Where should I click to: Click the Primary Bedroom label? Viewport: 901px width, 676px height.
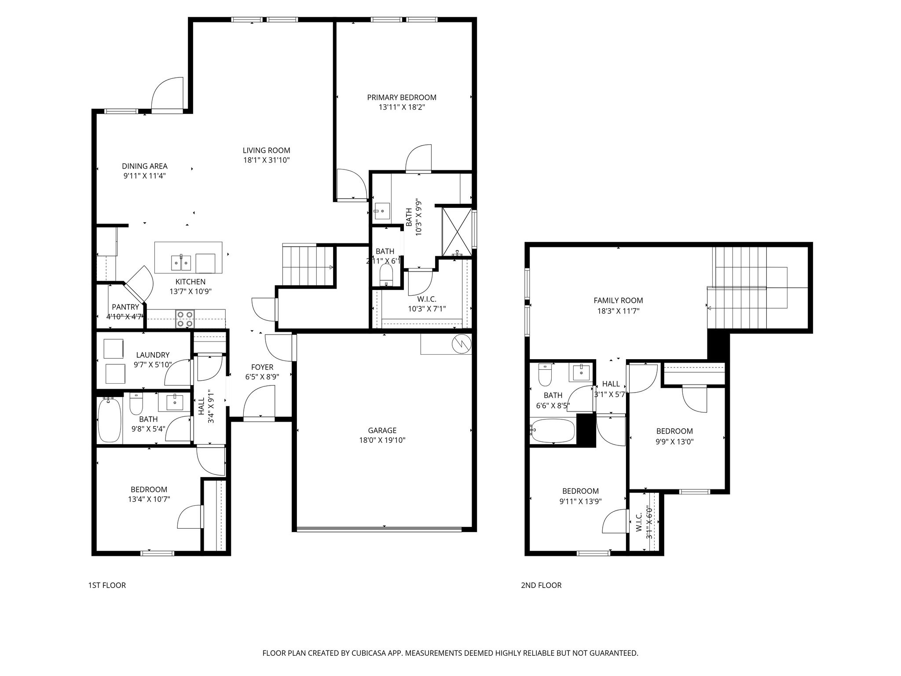402,97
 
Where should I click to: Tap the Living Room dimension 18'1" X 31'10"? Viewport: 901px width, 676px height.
267,160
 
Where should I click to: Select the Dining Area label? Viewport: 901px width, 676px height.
145,166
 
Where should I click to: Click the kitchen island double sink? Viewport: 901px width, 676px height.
181,263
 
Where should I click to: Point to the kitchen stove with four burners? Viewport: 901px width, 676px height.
185,319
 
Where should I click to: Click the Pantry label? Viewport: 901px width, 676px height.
125,307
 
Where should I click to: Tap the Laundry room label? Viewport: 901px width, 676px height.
153,355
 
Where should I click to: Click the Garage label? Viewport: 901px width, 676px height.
382,430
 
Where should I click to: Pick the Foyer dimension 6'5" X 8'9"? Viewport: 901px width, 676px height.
262,377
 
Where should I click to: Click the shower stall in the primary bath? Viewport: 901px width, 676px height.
457,231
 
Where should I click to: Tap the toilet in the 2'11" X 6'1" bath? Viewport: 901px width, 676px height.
386,275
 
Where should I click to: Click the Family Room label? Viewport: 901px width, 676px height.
618,301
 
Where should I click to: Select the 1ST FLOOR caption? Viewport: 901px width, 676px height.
107,585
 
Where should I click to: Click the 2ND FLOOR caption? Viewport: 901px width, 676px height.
541,585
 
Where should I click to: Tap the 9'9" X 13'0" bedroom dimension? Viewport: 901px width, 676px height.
674,442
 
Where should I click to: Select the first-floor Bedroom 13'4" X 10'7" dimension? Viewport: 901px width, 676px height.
149,499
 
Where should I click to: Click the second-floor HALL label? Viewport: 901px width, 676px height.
611,384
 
